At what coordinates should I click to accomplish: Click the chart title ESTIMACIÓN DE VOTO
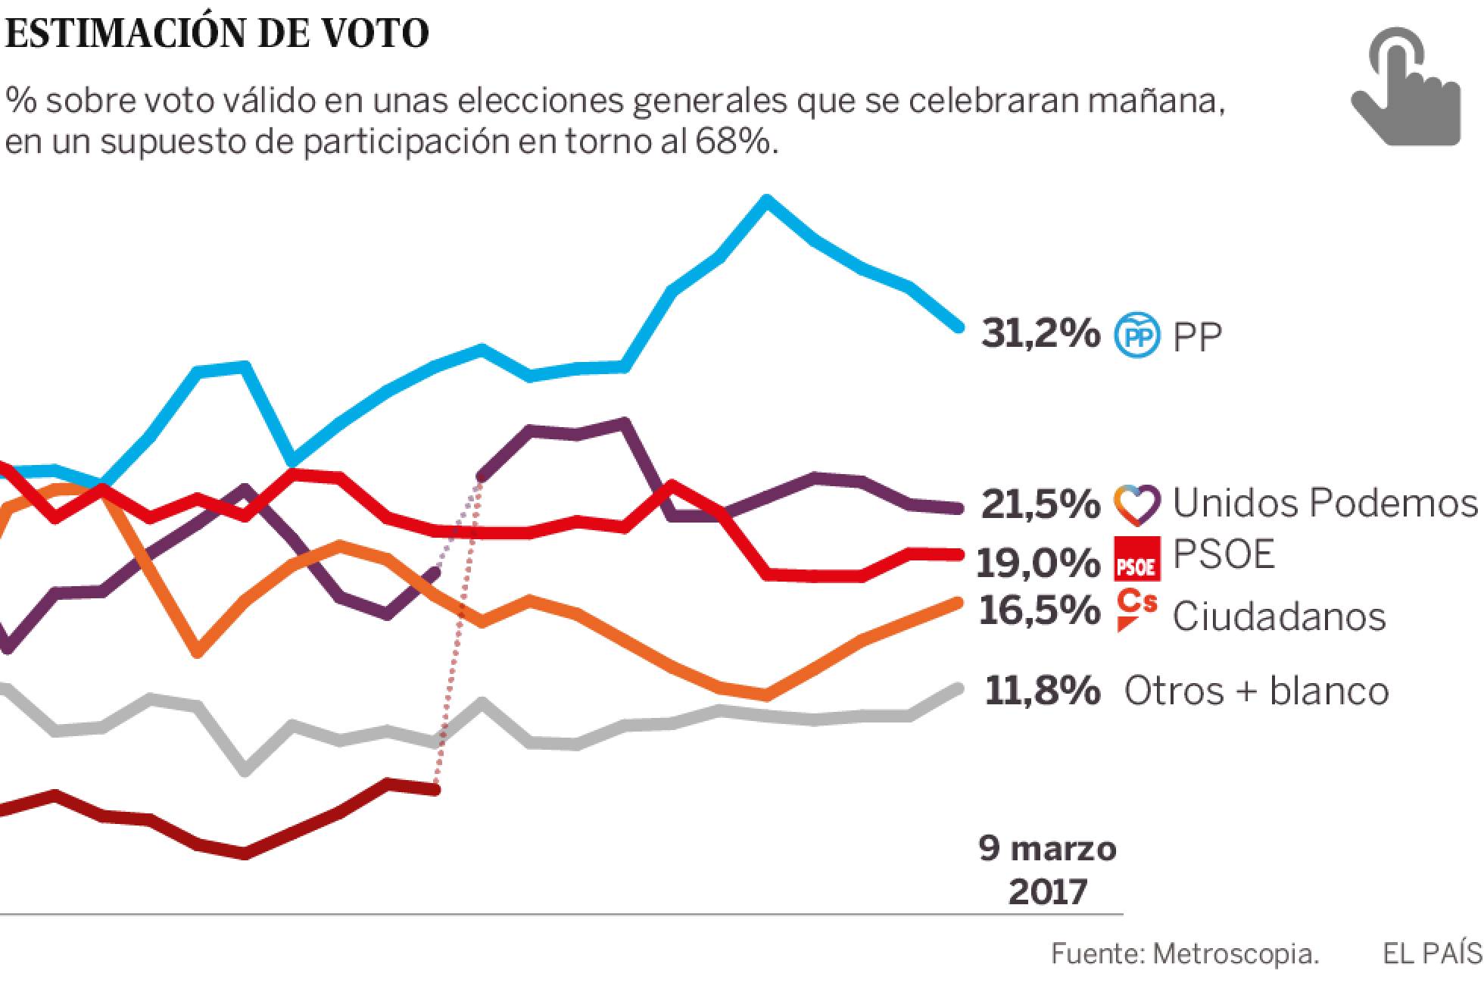217,34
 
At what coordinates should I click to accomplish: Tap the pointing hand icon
1404,87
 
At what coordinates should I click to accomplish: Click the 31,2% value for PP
1040,333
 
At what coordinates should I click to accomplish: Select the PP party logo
1136,335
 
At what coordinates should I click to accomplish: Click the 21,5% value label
1040,504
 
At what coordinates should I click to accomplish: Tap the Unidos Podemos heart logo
1136,504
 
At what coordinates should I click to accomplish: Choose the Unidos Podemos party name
1324,502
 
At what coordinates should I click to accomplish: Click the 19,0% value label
1037,562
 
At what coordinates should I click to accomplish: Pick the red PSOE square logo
1137,558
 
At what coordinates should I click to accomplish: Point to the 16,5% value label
1039,610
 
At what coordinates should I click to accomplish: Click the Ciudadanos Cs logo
1137,610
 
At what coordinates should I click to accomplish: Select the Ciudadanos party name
1279,616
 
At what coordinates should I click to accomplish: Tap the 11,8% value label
1042,691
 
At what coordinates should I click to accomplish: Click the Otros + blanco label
1256,691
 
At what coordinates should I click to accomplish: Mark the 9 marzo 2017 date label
1048,870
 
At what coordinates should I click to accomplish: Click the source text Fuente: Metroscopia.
1185,954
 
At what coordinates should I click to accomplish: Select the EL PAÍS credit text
1432,953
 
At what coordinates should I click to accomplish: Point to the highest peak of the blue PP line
766,200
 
